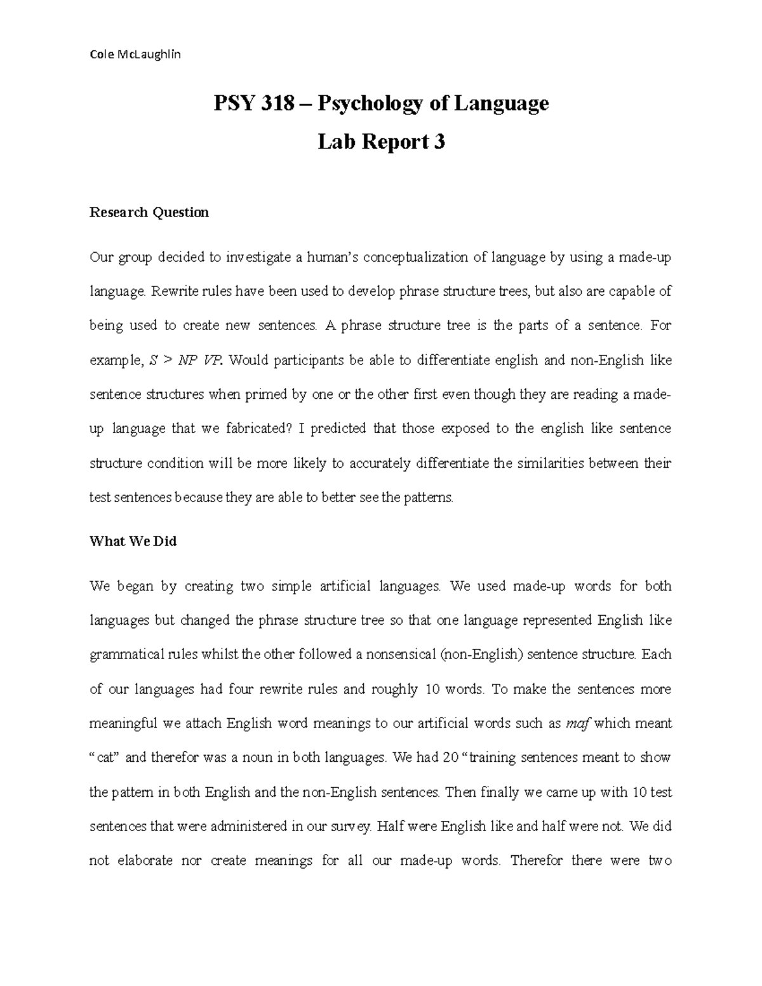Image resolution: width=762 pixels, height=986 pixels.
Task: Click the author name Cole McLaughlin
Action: coord(135,54)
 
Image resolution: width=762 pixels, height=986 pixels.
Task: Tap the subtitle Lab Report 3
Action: coord(381,142)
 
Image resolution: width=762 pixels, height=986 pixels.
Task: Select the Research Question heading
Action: coord(149,212)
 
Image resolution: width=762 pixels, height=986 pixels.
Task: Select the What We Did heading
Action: coord(133,541)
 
